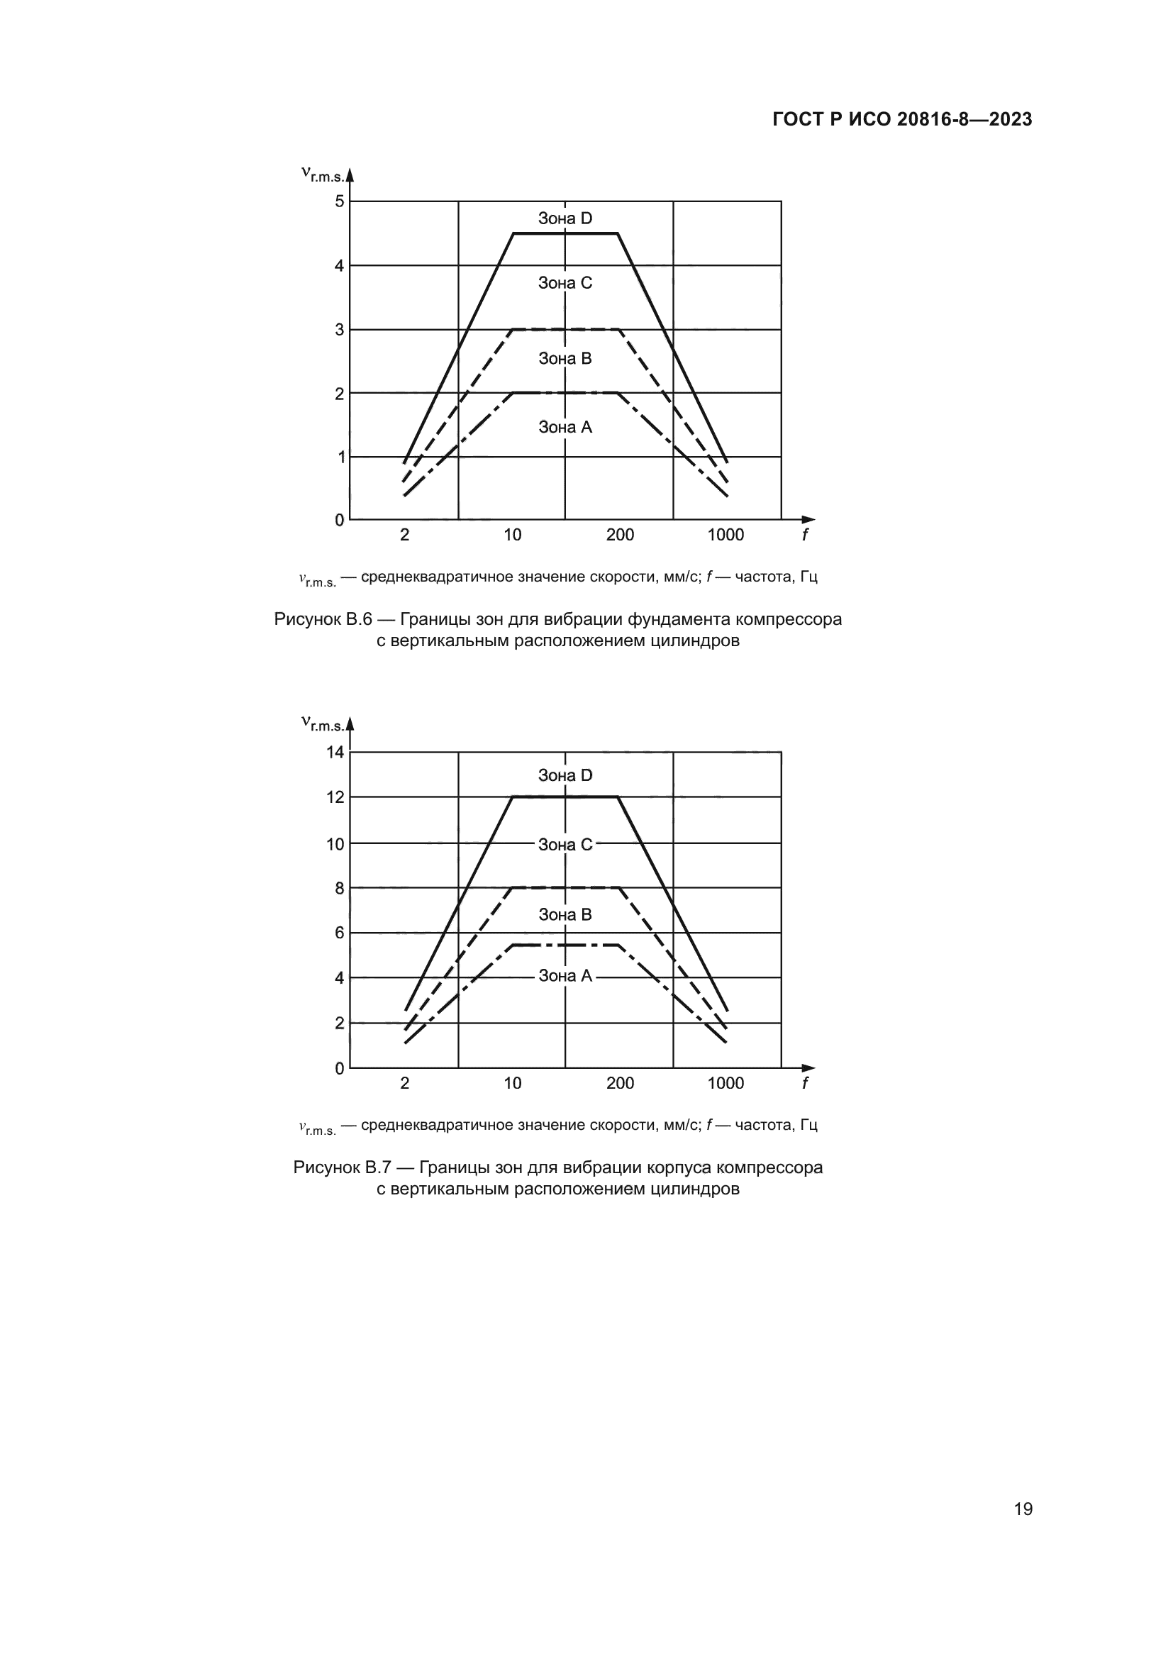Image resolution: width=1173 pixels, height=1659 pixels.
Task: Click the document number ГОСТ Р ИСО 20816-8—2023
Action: (902, 120)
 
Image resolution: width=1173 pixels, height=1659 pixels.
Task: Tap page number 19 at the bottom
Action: (1023, 1509)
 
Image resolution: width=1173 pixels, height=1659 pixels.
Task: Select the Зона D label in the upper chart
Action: (565, 218)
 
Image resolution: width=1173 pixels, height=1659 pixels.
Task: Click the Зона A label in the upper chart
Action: (565, 427)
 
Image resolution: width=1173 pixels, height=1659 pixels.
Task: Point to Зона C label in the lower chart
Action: (565, 845)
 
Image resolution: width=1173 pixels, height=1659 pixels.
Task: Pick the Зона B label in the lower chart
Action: (565, 915)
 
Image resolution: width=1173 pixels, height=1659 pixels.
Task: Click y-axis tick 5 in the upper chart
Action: (340, 201)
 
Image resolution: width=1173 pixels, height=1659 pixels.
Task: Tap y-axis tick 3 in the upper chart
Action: (340, 330)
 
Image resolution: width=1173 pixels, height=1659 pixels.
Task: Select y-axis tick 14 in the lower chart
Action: (335, 752)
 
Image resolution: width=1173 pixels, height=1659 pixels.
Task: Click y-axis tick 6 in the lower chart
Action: (340, 933)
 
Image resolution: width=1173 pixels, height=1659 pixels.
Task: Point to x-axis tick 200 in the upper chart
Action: (620, 535)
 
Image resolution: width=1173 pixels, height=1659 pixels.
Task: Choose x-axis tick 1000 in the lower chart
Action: (726, 1083)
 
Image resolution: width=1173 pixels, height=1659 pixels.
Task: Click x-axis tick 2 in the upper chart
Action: (404, 535)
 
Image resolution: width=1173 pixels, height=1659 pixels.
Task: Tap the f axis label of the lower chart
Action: (805, 1083)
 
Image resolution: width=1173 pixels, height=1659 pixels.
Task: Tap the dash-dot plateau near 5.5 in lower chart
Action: (565, 945)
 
